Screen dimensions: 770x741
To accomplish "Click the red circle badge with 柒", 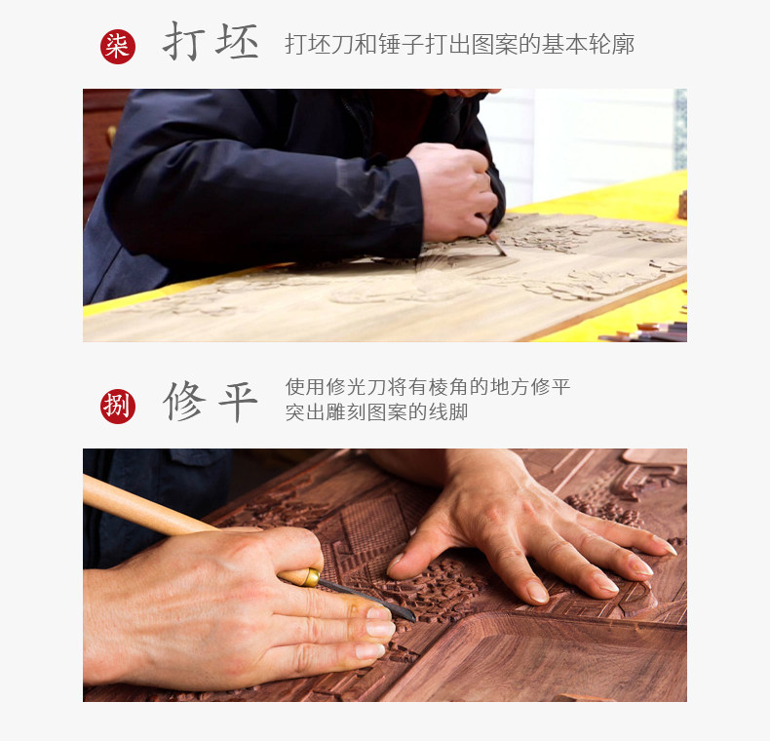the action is [118, 47].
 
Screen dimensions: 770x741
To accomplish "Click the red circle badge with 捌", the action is [118, 407].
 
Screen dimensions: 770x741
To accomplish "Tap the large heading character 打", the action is [183, 42].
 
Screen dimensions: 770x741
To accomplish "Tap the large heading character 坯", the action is [237, 42].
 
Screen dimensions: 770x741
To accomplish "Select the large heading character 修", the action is [183, 401].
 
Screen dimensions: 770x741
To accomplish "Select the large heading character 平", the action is [238, 402].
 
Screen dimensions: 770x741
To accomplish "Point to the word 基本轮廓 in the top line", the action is [589, 44].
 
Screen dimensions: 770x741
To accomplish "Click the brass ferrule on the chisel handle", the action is [311, 577].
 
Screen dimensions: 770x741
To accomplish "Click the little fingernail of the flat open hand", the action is [667, 545].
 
